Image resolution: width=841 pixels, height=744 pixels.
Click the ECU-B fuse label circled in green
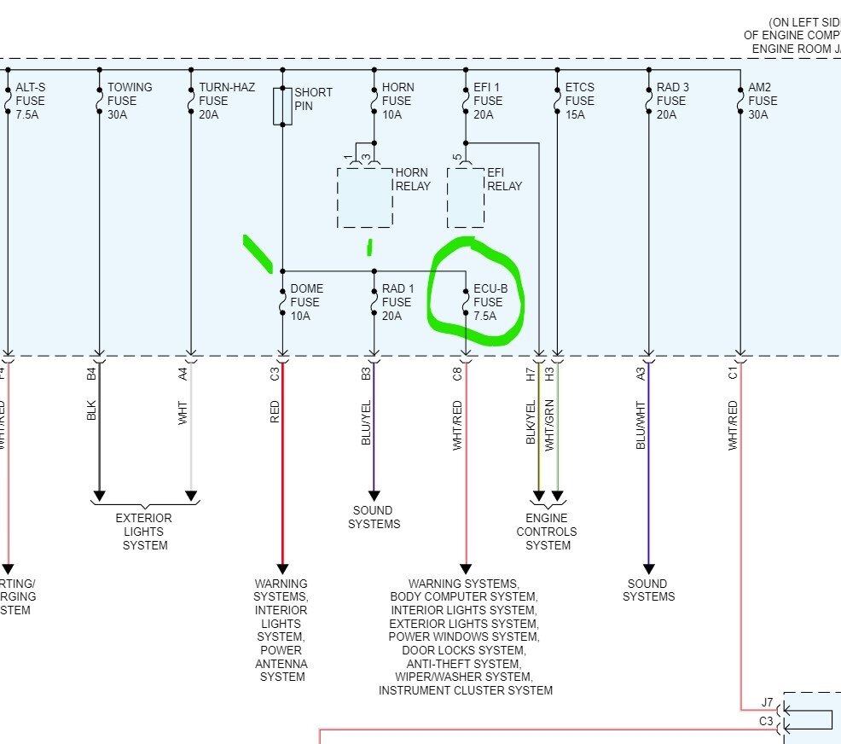pos(490,302)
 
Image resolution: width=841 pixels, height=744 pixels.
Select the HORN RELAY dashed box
pos(365,197)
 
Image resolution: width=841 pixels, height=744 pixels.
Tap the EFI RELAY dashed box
pos(466,197)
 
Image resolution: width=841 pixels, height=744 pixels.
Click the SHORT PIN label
pos(313,99)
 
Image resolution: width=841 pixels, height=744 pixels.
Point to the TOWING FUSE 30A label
pos(130,101)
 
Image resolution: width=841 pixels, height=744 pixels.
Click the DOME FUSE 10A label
pos(306,302)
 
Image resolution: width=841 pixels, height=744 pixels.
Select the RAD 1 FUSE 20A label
pos(398,302)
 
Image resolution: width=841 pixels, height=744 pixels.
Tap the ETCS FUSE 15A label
pos(580,101)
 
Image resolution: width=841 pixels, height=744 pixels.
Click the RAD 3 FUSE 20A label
pos(673,101)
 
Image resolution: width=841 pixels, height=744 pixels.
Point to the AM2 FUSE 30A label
pos(763,101)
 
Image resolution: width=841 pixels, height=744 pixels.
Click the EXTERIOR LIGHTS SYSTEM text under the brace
pos(144,532)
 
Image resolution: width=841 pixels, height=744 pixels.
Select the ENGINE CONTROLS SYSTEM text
pos(547,532)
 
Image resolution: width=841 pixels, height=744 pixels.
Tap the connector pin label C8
pos(458,373)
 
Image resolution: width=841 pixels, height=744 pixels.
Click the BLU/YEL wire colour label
pos(367,422)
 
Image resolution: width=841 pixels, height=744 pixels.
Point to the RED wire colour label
pos(275,412)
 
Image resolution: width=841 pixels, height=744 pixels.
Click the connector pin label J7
pos(768,703)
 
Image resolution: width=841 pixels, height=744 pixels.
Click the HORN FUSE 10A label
pos(397,101)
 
